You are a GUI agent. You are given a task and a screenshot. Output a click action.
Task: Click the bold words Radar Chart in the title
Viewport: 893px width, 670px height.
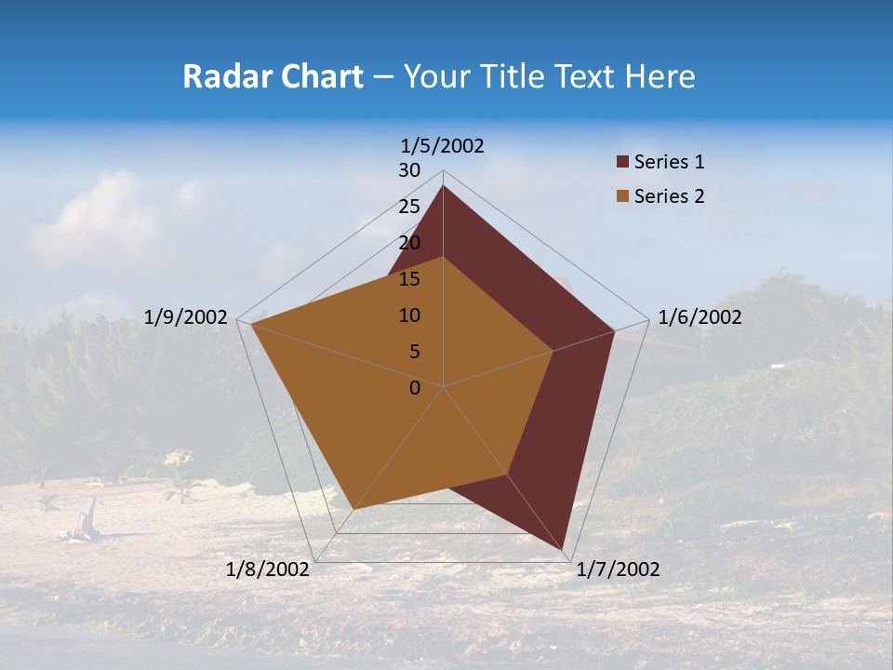point(273,77)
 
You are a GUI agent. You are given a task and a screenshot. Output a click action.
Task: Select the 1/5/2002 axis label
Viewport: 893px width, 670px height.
point(443,146)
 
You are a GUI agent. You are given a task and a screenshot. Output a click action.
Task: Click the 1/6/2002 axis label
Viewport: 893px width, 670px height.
point(700,317)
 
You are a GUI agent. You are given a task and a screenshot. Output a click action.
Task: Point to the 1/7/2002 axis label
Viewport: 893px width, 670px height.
point(618,569)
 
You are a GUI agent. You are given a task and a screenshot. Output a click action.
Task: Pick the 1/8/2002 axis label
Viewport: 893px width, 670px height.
point(268,569)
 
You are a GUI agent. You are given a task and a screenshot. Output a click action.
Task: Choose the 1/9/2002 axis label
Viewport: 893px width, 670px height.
point(186,317)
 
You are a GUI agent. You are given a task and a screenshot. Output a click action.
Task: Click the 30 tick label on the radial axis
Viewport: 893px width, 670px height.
point(409,170)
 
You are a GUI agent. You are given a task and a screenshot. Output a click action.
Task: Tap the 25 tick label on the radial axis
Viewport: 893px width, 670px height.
point(409,207)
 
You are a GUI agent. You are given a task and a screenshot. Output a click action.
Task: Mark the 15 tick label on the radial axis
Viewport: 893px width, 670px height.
point(409,279)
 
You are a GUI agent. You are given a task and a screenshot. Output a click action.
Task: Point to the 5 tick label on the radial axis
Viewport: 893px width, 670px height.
point(415,352)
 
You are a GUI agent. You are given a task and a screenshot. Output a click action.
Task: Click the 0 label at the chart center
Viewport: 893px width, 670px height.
point(415,388)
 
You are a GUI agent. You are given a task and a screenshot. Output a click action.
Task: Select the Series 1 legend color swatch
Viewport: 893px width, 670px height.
point(622,163)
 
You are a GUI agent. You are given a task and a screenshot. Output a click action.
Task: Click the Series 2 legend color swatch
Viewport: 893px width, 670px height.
point(622,196)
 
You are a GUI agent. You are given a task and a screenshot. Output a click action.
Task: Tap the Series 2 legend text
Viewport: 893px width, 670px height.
point(669,196)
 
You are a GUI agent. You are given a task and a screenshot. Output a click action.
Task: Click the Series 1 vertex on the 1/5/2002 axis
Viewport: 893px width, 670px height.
point(443,186)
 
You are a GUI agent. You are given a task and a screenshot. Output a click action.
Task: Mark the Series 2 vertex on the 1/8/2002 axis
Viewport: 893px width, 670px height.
point(353,509)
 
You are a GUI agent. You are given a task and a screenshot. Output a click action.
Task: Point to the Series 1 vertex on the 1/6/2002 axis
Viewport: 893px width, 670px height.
point(614,330)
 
